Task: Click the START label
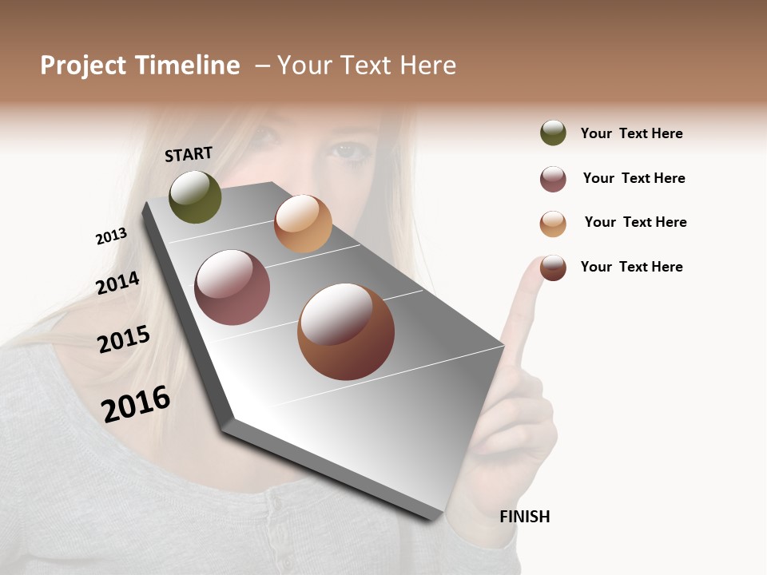pyautogui.click(x=189, y=154)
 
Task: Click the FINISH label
pyautogui.click(x=525, y=517)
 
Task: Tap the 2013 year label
pyautogui.click(x=111, y=236)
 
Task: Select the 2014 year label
pyautogui.click(x=117, y=283)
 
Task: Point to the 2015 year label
pyautogui.click(x=124, y=339)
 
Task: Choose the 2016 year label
pyautogui.click(x=136, y=403)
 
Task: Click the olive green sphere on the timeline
pyautogui.click(x=195, y=197)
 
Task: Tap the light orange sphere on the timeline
pyautogui.click(x=303, y=224)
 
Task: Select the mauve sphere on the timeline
pyautogui.click(x=232, y=287)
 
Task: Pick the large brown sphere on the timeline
pyautogui.click(x=346, y=331)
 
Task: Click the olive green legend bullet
pyautogui.click(x=553, y=133)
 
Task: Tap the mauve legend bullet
pyautogui.click(x=553, y=179)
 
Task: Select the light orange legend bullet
pyautogui.click(x=553, y=224)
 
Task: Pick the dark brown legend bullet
pyautogui.click(x=553, y=268)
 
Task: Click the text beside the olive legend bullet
pyautogui.click(x=631, y=133)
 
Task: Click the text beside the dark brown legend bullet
pyautogui.click(x=631, y=267)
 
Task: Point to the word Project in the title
pyautogui.click(x=84, y=65)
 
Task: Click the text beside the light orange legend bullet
pyautogui.click(x=635, y=222)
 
